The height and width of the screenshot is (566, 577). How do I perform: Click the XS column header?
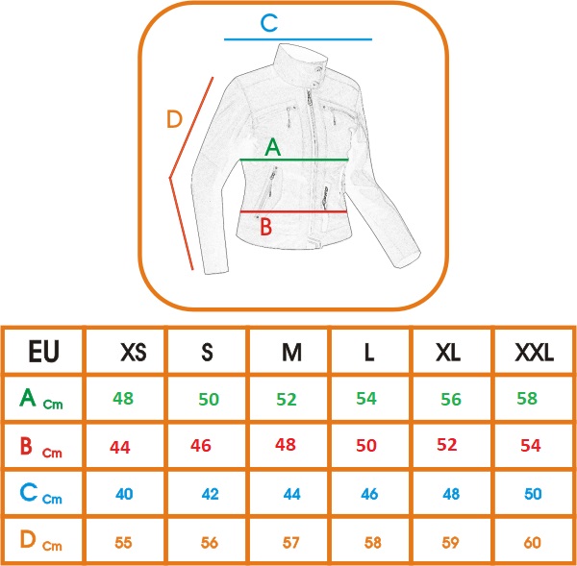tap(134, 353)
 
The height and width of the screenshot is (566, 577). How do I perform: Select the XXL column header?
tap(534, 353)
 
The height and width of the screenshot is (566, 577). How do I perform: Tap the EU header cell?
tap(44, 352)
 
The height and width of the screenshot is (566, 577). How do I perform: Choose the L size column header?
tap(368, 353)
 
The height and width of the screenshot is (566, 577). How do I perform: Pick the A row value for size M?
tap(287, 400)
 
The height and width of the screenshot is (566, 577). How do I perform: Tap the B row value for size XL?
tap(447, 445)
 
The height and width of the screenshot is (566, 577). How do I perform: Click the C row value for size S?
tap(210, 494)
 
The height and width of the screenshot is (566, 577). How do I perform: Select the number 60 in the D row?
tap(532, 543)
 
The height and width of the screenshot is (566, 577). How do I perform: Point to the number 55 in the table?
tap(123, 543)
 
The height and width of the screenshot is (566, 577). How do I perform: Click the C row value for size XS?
tap(124, 494)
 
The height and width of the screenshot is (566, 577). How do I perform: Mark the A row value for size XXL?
tap(527, 398)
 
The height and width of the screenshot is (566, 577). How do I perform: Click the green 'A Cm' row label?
tap(40, 399)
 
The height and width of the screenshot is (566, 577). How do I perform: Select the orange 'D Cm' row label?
tap(40, 540)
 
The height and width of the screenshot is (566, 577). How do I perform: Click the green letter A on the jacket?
tap(273, 147)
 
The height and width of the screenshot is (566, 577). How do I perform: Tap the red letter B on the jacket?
tap(266, 227)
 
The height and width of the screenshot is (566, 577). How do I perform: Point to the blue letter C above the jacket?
tap(269, 23)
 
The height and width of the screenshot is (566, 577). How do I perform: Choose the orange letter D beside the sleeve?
tap(174, 119)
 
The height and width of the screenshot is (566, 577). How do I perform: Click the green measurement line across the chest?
tap(294, 160)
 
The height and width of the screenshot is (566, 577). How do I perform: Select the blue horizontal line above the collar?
tap(298, 39)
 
